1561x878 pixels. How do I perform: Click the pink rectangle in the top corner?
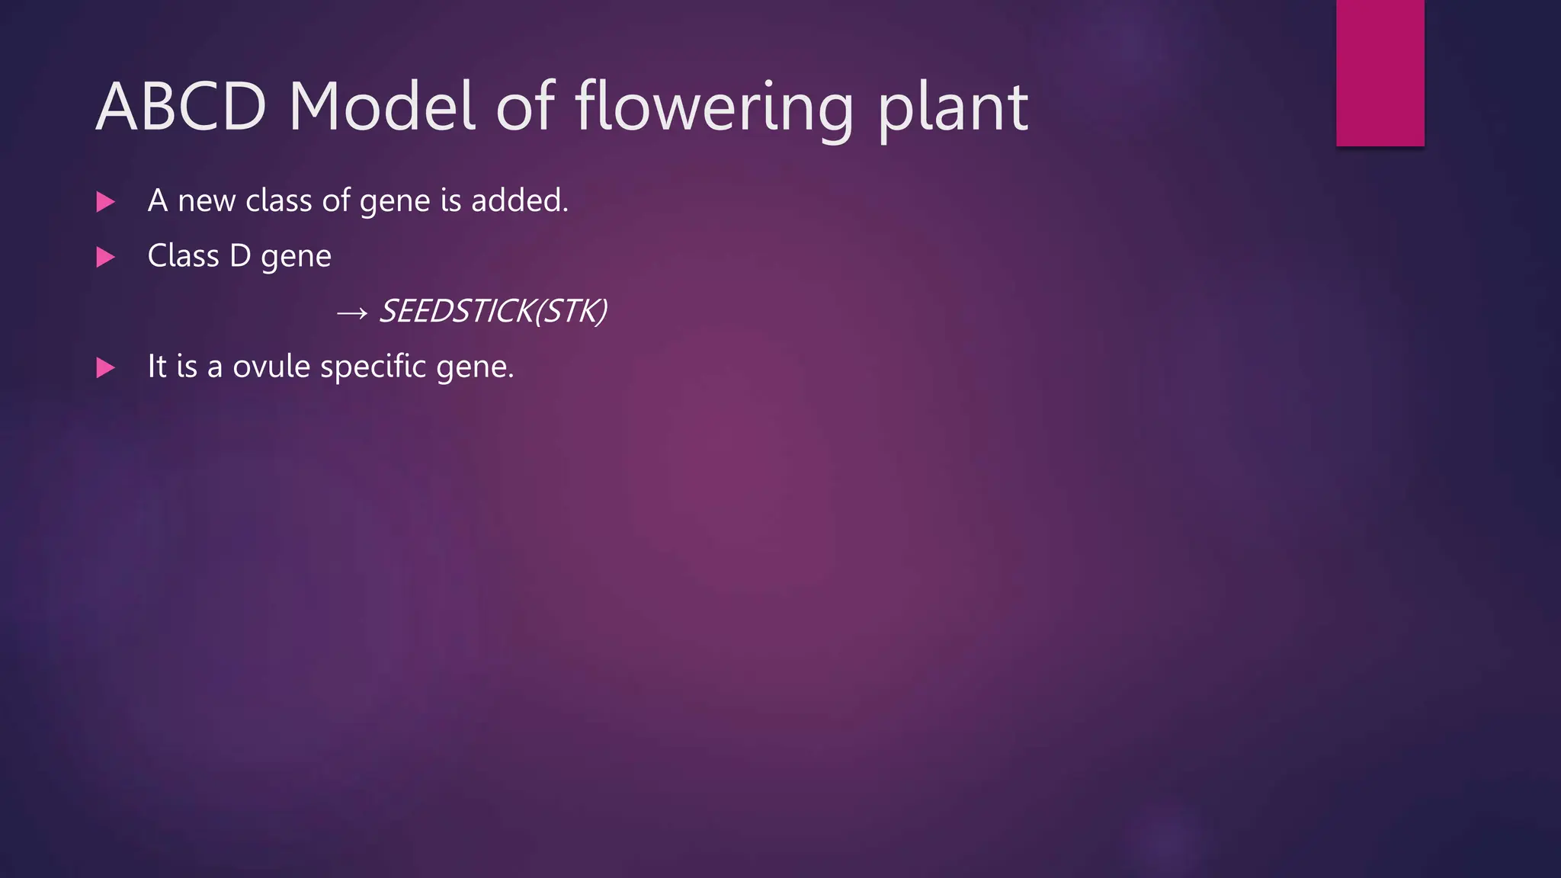click(1380, 72)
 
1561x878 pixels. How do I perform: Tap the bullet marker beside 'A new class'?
click(105, 202)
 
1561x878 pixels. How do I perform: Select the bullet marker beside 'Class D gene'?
click(105, 258)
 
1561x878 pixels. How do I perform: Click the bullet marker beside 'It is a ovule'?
click(105, 368)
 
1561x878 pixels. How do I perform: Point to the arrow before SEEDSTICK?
click(351, 312)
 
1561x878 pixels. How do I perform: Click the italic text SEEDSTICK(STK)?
click(493, 311)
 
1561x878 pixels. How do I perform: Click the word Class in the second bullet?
click(183, 256)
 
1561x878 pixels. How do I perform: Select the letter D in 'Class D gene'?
click(240, 256)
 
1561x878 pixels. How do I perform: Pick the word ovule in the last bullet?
click(271, 367)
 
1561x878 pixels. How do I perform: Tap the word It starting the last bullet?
click(156, 367)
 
